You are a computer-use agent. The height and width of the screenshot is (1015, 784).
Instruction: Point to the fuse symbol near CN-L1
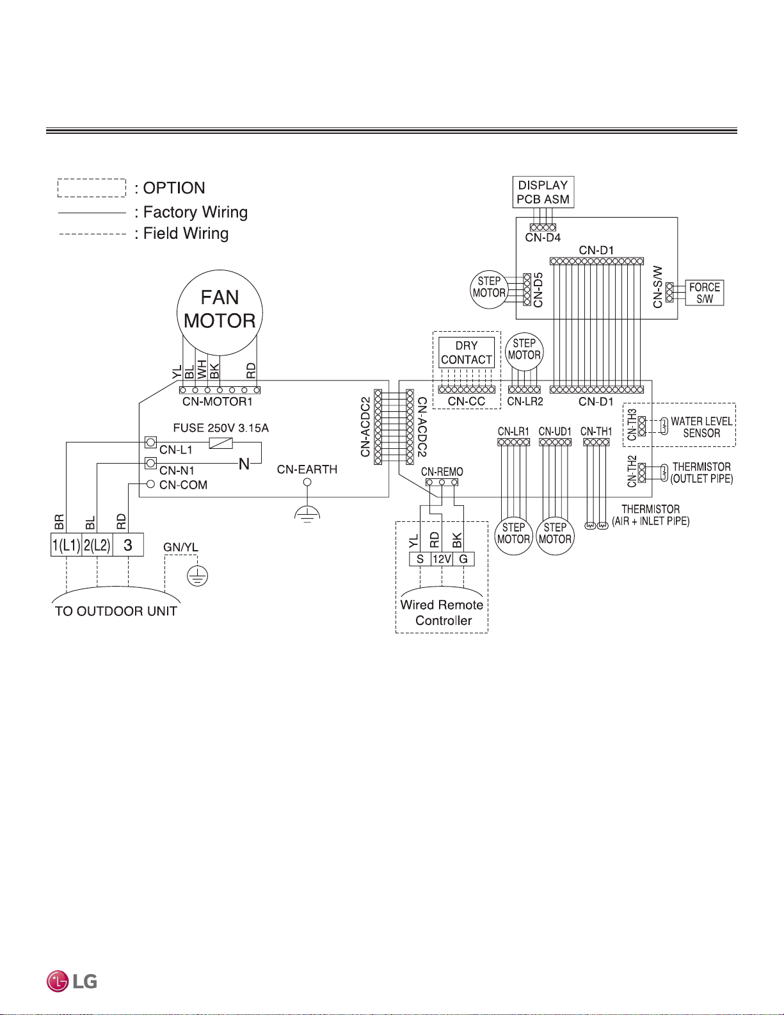[x=221, y=443]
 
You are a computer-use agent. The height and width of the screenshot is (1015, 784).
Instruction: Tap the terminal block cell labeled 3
[x=128, y=544]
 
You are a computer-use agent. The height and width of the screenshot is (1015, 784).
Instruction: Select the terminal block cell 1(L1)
[x=67, y=544]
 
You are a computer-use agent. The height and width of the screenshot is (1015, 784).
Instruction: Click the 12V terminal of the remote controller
[x=442, y=559]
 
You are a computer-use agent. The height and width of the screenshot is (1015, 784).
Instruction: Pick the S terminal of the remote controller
[x=420, y=559]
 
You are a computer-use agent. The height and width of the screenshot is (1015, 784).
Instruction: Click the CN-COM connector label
[x=184, y=485]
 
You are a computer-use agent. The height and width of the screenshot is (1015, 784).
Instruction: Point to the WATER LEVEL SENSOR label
[x=701, y=427]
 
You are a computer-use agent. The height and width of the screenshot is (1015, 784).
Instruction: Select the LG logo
[x=72, y=981]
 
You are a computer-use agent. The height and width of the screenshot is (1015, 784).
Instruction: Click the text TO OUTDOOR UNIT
[x=116, y=611]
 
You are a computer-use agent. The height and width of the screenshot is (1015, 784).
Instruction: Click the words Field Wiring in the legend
[x=186, y=233]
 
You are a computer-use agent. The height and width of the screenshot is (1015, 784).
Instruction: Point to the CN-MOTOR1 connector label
[x=218, y=402]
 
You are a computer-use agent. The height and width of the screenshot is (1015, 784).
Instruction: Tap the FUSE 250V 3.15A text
[x=221, y=428]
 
